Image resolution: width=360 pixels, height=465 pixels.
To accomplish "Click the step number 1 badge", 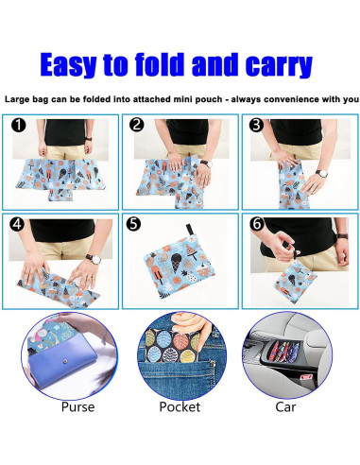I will [x=18, y=125].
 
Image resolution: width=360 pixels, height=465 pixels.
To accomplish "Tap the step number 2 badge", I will [x=137, y=125].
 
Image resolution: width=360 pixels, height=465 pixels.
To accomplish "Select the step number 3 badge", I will [x=255, y=125].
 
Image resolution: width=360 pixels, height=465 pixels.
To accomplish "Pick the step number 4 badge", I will [x=18, y=227].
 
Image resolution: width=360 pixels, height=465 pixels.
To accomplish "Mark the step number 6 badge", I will [x=255, y=227].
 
